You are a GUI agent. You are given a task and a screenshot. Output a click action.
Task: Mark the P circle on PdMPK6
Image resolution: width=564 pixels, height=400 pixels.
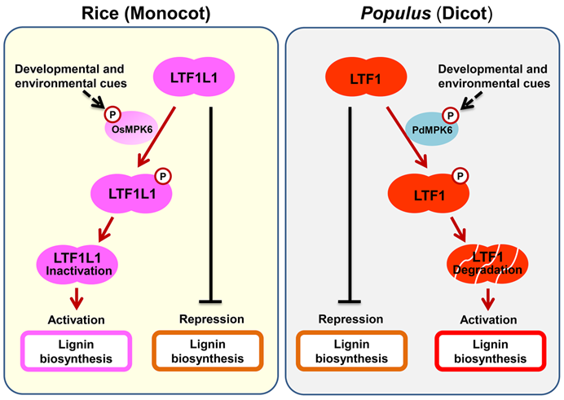[448, 115]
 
